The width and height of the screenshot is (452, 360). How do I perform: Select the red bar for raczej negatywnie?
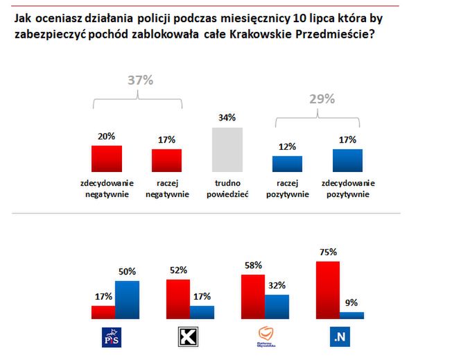coord(166,160)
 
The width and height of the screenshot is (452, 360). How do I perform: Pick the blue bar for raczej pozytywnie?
coord(287,164)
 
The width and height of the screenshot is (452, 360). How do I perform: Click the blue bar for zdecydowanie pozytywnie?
coord(347,160)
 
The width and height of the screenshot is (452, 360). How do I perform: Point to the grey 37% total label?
coord(139,80)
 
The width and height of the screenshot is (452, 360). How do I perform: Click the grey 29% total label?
coord(320,99)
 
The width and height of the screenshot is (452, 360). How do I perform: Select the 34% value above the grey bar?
coord(227,117)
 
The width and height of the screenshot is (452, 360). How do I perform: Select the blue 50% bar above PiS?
coord(127,299)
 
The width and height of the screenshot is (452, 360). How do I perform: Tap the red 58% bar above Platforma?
coord(252,296)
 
